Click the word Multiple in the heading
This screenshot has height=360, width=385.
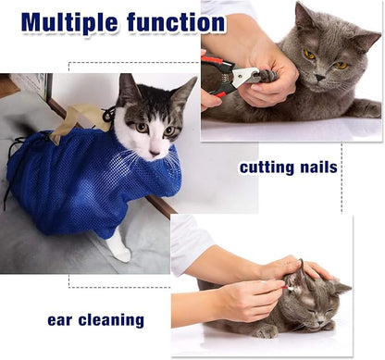point(69,22)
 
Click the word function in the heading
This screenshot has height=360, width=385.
point(176,21)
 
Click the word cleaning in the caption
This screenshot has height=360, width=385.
point(111,320)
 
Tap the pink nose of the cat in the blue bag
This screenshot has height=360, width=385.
point(155,152)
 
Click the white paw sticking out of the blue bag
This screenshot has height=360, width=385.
point(119,245)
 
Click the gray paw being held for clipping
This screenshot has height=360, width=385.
point(267,76)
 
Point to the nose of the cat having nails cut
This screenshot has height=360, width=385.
point(320,78)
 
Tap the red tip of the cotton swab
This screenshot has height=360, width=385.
point(285,288)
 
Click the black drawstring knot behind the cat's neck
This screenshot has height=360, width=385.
point(109,114)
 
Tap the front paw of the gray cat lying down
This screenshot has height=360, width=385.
point(267,332)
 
